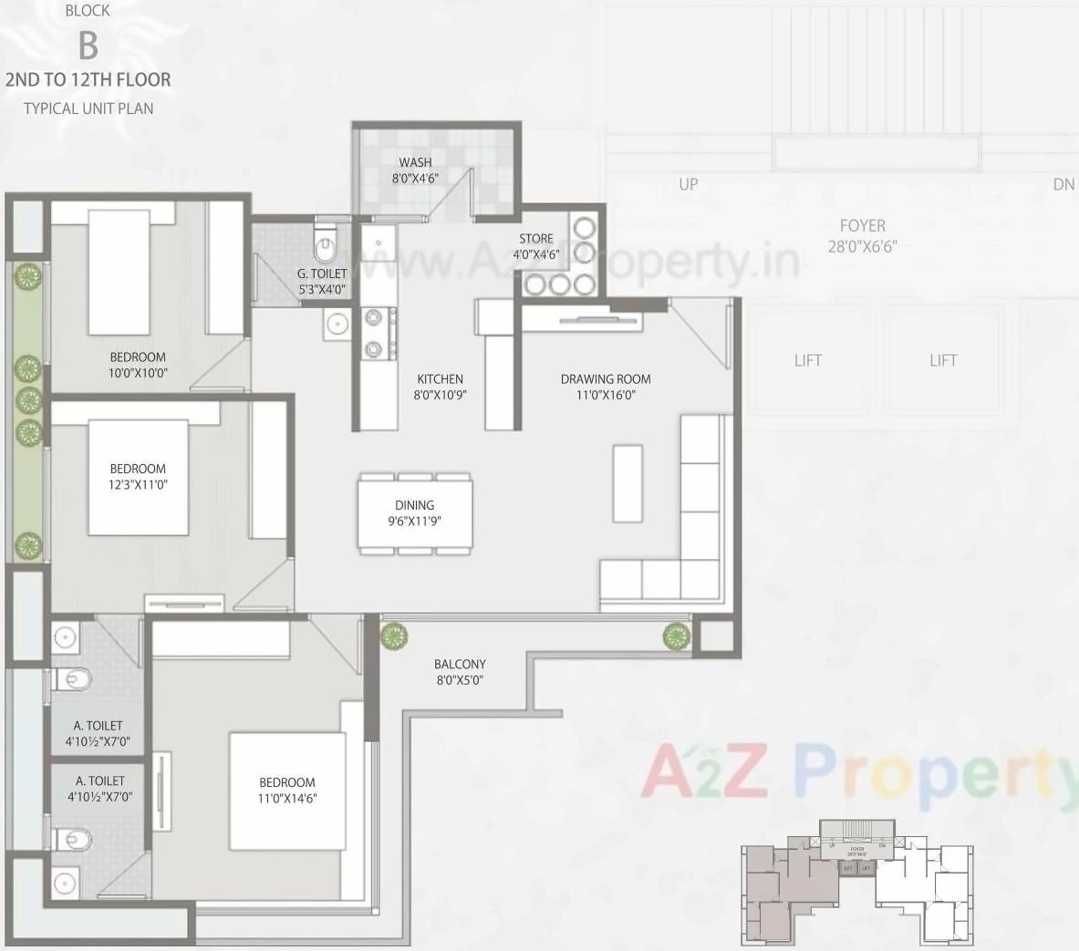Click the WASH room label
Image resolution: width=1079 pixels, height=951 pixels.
pos(415,163)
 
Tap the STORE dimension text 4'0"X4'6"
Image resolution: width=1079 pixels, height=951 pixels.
pos(535,255)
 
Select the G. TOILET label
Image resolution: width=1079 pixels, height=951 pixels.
pos(322,274)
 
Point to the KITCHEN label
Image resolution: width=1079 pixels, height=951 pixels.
pos(440,379)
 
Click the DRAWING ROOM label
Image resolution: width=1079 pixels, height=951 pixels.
pos(606,379)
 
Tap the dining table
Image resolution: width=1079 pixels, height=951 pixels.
pos(415,513)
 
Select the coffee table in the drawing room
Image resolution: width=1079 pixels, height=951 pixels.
pos(628,483)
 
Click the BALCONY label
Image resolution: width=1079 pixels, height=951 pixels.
pos(460,665)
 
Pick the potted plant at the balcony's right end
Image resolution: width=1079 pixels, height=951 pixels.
pos(676,636)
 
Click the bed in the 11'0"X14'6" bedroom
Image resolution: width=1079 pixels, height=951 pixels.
pos(286,791)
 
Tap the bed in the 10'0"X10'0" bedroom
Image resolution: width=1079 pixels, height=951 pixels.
pos(118,274)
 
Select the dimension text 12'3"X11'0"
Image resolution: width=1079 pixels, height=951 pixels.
pos(138,485)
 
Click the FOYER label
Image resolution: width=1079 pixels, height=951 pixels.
pos(862,225)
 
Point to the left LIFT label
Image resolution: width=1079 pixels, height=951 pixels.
pos(807,360)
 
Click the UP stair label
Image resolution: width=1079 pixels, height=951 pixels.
pos(689,184)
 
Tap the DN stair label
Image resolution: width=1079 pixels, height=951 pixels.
pos(1063,184)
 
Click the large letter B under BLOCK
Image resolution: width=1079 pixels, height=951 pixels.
pos(88,45)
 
